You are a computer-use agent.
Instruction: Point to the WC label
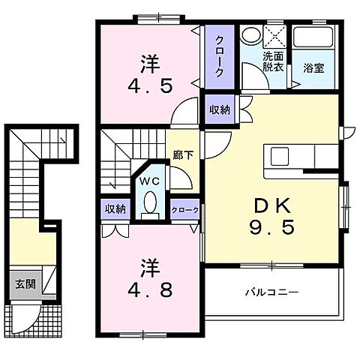148,181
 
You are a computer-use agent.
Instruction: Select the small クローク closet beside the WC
184,210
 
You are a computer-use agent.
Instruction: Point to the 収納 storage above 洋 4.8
115,209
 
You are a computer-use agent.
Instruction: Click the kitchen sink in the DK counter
280,155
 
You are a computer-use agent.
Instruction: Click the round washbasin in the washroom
250,37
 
